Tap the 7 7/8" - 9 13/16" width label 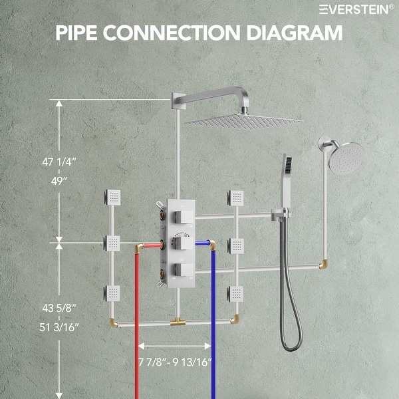174,362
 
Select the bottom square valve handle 180,269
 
